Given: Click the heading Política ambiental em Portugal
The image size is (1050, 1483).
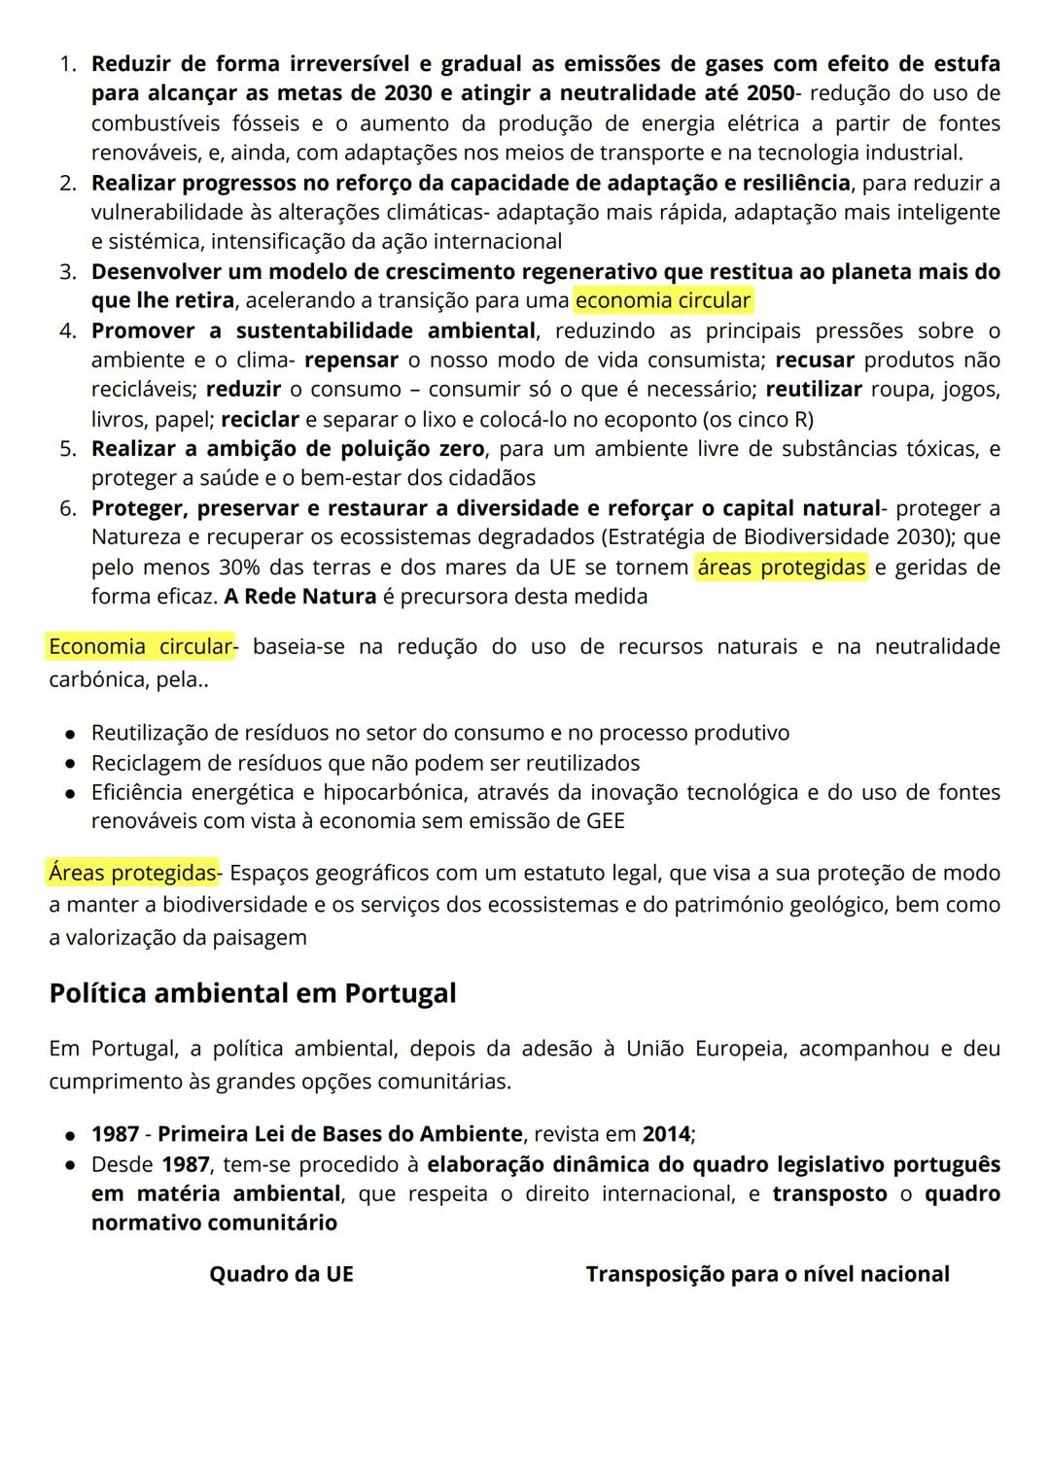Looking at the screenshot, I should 252,993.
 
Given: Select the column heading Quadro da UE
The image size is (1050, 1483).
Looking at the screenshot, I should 281,1274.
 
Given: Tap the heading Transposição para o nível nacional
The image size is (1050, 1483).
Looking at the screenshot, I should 767,1274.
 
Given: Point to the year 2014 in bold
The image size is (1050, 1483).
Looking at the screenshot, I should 666,1134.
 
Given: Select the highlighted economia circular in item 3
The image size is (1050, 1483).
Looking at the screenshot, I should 663,300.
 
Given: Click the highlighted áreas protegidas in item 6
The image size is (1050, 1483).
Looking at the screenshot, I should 781,567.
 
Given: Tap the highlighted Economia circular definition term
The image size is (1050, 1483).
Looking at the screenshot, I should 141,646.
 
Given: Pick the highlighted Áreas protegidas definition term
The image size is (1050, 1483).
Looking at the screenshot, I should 133,873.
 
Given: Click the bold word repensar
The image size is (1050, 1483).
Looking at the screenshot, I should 351,360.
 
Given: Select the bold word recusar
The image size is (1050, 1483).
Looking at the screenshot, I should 814,360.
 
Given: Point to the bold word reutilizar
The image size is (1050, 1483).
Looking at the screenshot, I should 813,390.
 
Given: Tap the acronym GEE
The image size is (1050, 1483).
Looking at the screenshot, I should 605,821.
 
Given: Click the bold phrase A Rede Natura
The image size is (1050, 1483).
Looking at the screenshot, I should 299,596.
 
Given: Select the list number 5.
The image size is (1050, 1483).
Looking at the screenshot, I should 67,449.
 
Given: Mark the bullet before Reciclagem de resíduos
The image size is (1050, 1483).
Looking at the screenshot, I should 71,764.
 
